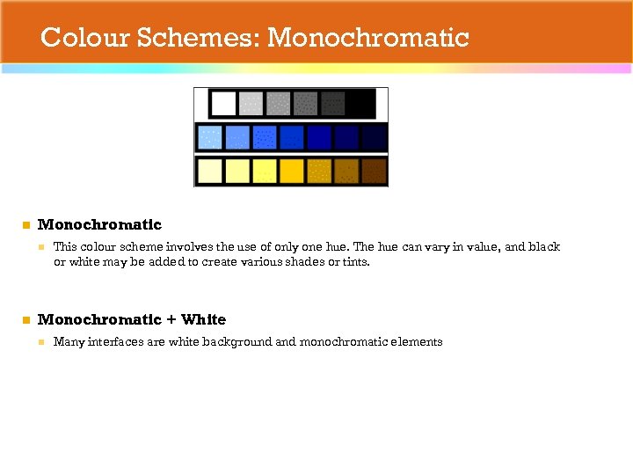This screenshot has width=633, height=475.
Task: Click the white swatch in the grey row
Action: pos(223,104)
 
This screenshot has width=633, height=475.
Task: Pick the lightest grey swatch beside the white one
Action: pos(251,104)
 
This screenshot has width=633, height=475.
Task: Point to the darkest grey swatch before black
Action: pos(332,104)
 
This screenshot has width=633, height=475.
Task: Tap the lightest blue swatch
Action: pos(210,137)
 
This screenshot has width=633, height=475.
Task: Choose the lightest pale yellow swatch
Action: pos(210,171)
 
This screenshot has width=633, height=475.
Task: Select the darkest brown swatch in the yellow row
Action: pos(374,171)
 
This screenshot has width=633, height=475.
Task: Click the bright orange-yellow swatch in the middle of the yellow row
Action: pos(292,171)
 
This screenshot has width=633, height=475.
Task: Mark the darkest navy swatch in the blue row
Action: pos(374,137)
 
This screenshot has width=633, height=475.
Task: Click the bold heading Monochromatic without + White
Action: pos(99,225)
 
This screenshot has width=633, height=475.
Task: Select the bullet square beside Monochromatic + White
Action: pos(26,320)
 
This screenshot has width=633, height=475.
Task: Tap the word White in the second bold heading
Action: pos(203,319)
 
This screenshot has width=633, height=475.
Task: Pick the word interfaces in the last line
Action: pos(115,342)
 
